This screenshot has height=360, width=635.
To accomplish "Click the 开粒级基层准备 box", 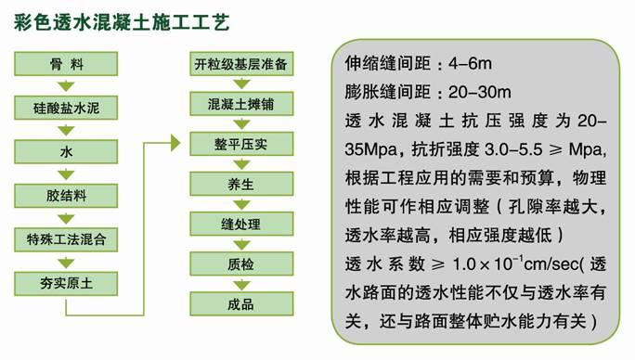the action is (240, 65).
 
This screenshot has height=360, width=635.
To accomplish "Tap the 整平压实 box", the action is (240, 145).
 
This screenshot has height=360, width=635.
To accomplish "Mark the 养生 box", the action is (240, 185).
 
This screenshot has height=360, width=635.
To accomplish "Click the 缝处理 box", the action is (240, 225).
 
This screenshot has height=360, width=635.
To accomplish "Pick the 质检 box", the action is (240, 264).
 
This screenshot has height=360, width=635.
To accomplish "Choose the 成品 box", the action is (240, 304).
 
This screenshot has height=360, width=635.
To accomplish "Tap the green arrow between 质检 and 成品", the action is (240, 285).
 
